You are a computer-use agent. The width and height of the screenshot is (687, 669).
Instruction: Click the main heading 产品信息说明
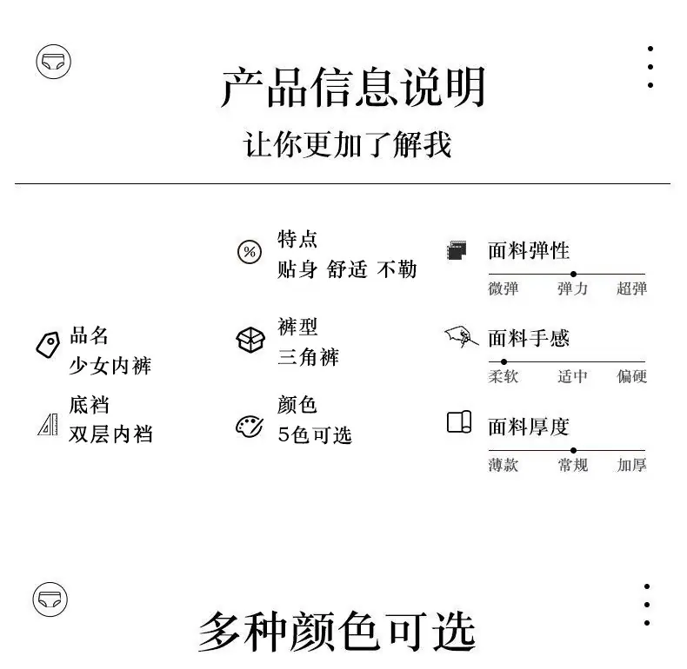(x=354, y=87)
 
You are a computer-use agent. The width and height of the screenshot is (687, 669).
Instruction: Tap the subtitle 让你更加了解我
(x=347, y=144)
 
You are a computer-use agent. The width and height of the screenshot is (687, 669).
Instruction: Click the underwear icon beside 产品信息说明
(x=53, y=62)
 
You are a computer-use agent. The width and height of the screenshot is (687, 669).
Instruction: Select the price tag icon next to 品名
(x=48, y=345)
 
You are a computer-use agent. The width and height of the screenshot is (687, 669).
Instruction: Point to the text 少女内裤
(x=110, y=366)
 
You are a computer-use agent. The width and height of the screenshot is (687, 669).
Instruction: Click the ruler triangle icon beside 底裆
(x=48, y=424)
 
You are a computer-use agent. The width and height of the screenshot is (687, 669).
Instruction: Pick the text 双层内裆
(x=110, y=434)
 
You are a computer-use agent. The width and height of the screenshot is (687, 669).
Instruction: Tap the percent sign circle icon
(x=250, y=252)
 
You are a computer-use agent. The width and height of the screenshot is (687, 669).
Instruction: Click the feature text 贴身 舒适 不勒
(x=347, y=268)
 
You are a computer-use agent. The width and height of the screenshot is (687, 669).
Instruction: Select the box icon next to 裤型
(x=250, y=340)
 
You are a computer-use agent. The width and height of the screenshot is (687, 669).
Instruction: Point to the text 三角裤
(x=309, y=357)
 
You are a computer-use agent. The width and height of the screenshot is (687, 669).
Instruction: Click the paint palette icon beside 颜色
(x=250, y=426)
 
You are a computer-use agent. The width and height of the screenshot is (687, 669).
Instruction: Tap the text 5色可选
(x=315, y=434)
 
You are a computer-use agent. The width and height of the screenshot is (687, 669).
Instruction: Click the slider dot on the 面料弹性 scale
(x=574, y=274)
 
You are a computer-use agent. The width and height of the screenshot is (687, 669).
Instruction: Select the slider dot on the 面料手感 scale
(x=504, y=362)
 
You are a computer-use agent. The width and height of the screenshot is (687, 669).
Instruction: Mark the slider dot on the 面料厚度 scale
(x=574, y=451)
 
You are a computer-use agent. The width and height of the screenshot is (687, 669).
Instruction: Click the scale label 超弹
(x=632, y=289)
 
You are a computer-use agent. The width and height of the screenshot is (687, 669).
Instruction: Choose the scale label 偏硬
(x=632, y=376)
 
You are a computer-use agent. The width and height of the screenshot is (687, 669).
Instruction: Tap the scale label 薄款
(x=504, y=465)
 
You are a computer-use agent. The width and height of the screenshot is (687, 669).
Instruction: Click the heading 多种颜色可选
(x=337, y=632)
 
